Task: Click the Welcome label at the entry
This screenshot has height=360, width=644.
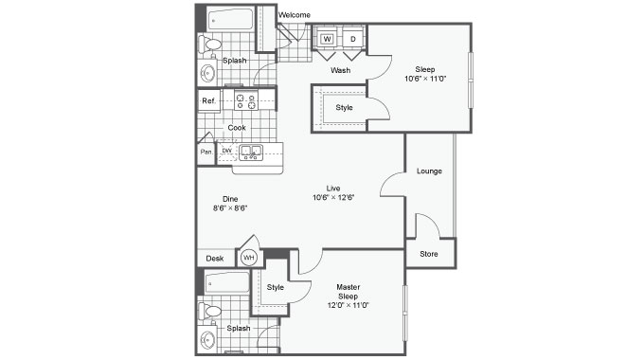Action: [x=295, y=15]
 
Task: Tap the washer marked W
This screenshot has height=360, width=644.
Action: [x=328, y=39]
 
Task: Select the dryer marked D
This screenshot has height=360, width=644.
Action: [x=353, y=39]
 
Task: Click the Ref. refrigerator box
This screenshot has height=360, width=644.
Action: [x=209, y=100]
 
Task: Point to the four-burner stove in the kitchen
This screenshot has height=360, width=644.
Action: [x=246, y=100]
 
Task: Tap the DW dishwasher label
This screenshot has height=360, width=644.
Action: [x=226, y=151]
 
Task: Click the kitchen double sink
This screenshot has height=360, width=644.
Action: [x=251, y=153]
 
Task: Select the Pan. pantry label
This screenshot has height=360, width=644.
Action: [x=206, y=153]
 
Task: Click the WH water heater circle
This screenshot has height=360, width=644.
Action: [x=249, y=258]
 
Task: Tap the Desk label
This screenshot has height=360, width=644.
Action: [x=215, y=259]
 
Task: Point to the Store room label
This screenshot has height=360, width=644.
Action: [x=429, y=254]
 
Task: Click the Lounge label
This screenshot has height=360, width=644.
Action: [x=429, y=171]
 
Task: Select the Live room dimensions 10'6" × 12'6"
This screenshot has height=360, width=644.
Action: [x=333, y=197]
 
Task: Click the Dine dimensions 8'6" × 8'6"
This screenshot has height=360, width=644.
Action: [x=230, y=207]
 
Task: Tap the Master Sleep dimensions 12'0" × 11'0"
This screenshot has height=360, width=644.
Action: [x=349, y=305]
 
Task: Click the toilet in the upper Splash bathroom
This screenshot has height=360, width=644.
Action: [x=209, y=45]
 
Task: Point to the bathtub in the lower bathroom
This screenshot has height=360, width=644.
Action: [x=227, y=282]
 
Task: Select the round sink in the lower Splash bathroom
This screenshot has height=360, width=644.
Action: [x=207, y=340]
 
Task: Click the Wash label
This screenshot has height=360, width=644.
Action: [x=341, y=70]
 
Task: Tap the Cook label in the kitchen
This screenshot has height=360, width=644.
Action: [x=237, y=128]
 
